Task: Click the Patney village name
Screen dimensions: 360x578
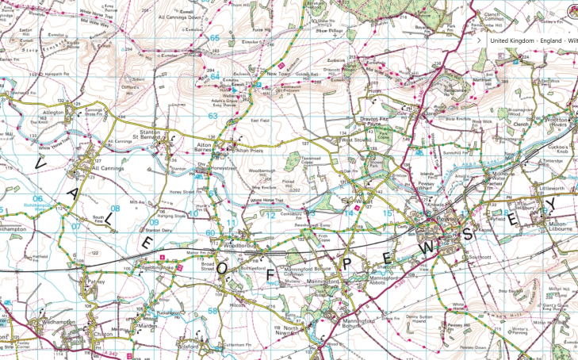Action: coord(95,280)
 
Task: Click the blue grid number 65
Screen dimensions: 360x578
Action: coord(213,37)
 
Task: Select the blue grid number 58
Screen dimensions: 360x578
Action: coord(212,311)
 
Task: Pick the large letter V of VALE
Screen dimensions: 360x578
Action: coord(41,163)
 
